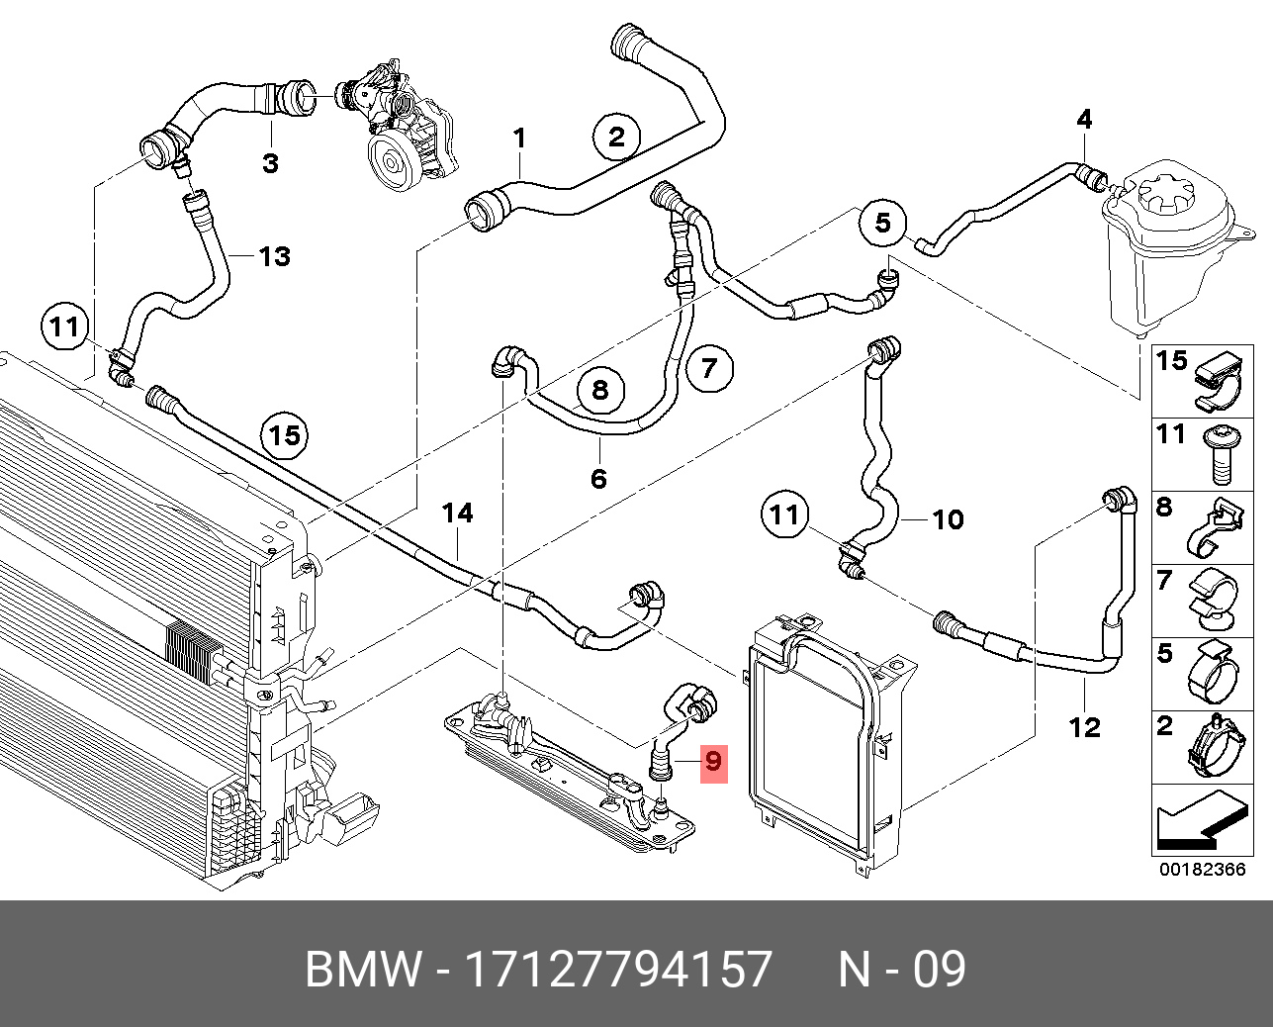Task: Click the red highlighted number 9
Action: tap(713, 763)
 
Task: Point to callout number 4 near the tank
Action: tap(1084, 120)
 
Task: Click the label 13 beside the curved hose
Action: tap(274, 256)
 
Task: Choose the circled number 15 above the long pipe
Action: tap(285, 435)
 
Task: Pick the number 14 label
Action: tap(457, 513)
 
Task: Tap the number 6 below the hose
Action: tap(598, 480)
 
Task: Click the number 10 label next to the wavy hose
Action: tap(948, 519)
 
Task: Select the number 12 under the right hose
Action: tap(1085, 727)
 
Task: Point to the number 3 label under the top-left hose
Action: tap(270, 163)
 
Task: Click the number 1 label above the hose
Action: tap(520, 139)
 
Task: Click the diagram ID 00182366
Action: tap(1202, 871)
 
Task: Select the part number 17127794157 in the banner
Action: tap(618, 970)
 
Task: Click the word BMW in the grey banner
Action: tap(363, 970)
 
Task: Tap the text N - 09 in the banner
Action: tap(901, 970)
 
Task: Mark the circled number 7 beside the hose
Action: tap(708, 370)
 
